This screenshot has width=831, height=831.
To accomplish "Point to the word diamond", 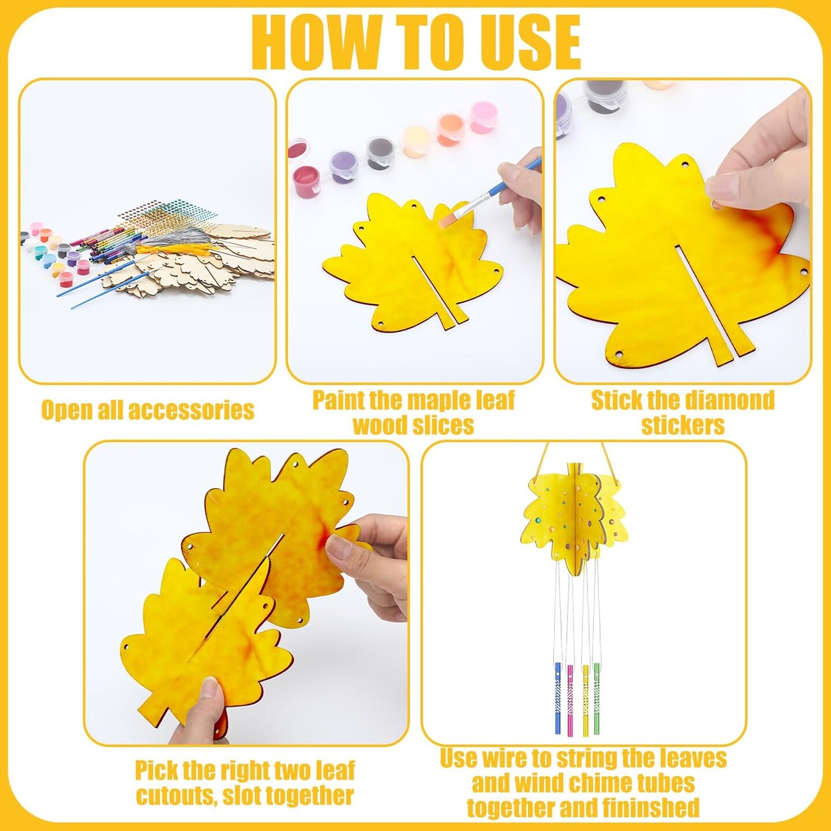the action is pos(726,400).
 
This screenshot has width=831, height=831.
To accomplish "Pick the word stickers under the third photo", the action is pos(683,425).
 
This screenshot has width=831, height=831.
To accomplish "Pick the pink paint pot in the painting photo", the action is pos(484,117).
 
